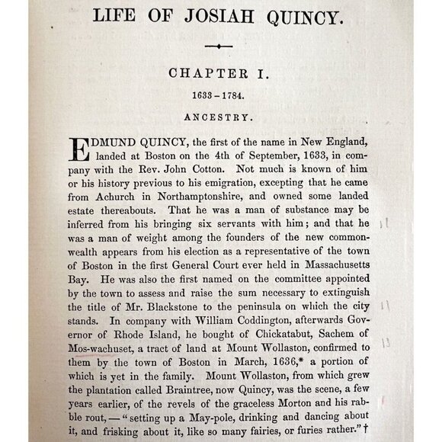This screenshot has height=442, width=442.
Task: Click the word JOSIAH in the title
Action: (x=230, y=16)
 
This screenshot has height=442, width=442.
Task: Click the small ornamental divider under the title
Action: (x=219, y=46)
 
